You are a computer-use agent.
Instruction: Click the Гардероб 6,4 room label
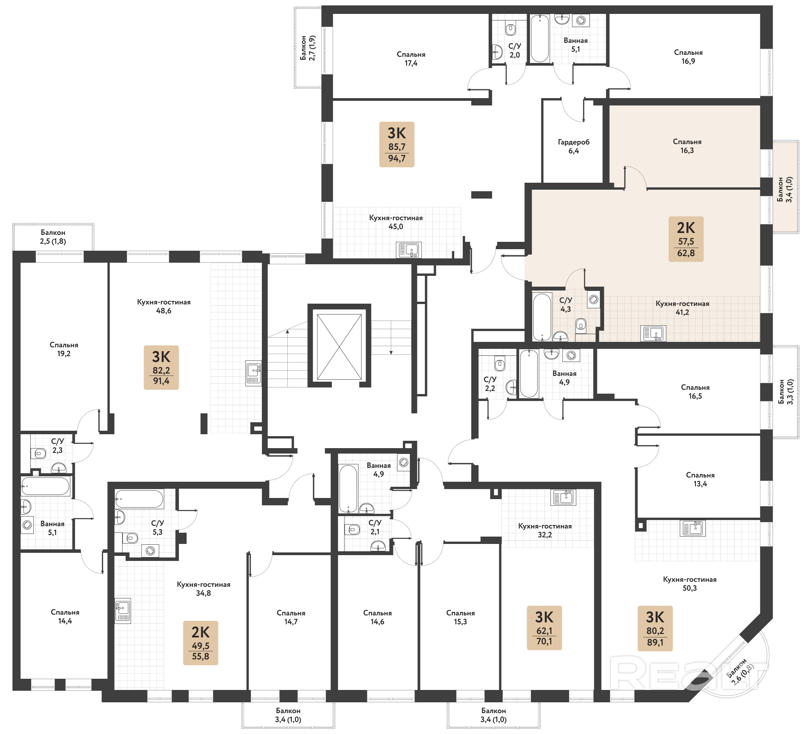pos(573,146)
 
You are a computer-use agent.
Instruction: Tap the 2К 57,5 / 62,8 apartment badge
pos(686,239)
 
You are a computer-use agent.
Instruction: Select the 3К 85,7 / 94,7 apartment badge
pos(397,144)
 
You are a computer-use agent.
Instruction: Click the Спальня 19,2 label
pos(64,349)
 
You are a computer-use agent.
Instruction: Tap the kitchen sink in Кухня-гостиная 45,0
pos(409,250)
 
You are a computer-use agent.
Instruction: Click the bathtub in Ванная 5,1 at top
pos(540,39)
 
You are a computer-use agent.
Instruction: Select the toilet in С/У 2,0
pos(511,29)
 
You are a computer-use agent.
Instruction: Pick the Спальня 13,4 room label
pos(701,479)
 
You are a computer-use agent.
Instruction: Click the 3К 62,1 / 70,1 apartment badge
pos(544,628)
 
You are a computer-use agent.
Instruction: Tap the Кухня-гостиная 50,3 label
pos(690,583)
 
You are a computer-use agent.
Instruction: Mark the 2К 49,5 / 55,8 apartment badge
pos(201,643)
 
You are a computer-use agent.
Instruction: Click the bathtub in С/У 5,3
pos(139,499)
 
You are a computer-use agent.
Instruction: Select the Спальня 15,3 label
pos(461,617)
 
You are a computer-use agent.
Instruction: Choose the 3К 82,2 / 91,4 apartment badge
pos(161,367)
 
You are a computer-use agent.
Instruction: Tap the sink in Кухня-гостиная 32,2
pos(563,498)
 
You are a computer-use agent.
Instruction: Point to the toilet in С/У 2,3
pos(39,454)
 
